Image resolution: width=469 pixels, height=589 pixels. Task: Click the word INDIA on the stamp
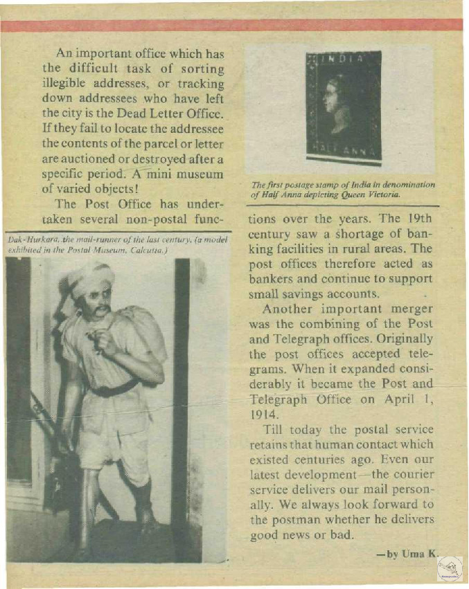click(344, 60)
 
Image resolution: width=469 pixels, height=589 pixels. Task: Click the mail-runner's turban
click(91, 276)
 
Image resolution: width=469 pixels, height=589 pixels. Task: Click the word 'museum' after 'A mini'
click(200, 173)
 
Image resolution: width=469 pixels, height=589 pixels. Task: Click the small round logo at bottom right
click(450, 568)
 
